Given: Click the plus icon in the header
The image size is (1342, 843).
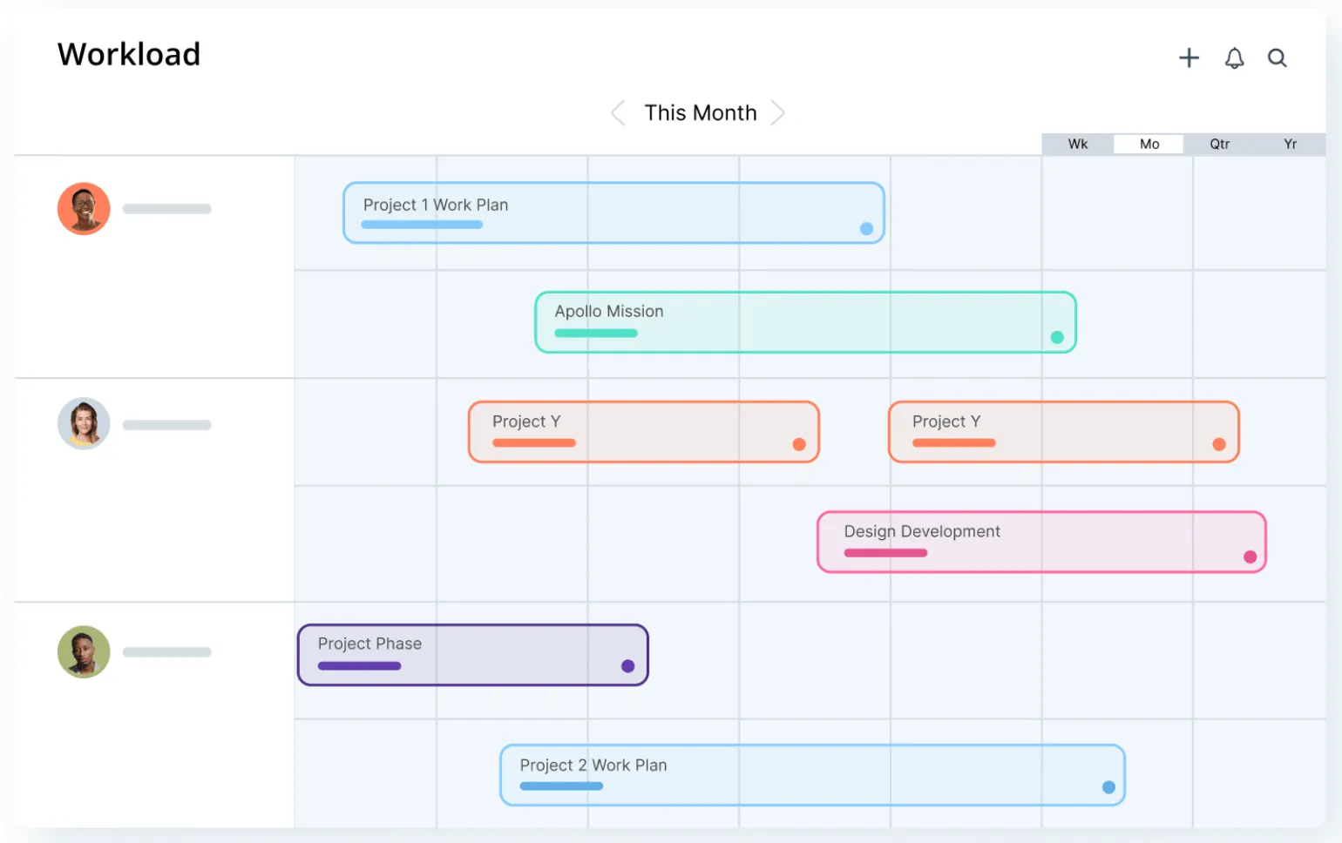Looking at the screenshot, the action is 1189,57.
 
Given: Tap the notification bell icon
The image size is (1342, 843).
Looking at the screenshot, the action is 1234,58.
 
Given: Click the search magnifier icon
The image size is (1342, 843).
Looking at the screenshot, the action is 1278,57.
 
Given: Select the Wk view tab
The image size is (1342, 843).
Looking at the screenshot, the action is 1078,144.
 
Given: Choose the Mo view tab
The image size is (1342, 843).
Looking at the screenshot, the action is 1149,144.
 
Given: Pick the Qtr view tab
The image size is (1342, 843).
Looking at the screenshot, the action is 1219,144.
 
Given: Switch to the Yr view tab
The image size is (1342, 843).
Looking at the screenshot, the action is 1290,144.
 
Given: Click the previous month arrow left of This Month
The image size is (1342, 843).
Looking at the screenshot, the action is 619,112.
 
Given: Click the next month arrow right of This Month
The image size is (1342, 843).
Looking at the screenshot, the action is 777,112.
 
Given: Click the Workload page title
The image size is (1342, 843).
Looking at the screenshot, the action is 129,54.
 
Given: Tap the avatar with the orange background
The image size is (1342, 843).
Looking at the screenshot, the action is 84,208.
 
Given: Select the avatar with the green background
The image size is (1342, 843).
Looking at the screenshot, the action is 84,652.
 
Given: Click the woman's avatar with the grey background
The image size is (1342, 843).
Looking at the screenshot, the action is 84,423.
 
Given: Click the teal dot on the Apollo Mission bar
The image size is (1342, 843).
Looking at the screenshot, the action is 1057,337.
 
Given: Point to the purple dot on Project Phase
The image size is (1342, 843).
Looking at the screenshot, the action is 627,665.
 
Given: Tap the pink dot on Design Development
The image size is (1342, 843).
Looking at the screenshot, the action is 1250,556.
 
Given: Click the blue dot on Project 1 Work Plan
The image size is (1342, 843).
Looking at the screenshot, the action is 866,228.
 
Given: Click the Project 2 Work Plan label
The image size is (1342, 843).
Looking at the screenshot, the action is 593,765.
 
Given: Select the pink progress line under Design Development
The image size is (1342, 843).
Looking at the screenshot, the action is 885,553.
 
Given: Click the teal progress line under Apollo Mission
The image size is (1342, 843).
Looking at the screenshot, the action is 596,333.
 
